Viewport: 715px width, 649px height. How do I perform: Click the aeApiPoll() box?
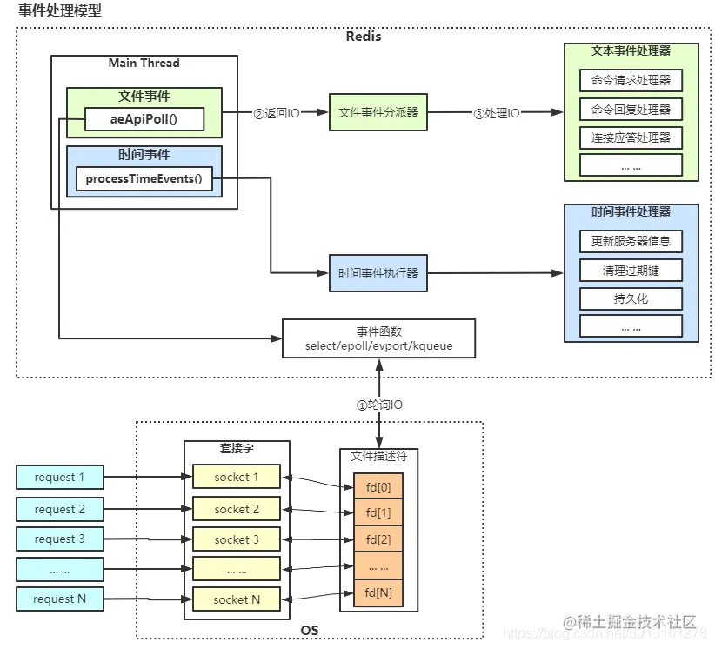point(144,119)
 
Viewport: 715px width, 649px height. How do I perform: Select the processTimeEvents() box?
point(144,180)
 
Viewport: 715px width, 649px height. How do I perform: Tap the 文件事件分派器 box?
point(378,112)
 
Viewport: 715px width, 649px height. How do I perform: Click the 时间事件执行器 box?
point(378,273)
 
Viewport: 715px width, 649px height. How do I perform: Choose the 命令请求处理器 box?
point(631,81)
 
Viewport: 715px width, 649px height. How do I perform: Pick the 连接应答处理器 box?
point(631,137)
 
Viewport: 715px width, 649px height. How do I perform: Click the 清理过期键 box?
point(631,271)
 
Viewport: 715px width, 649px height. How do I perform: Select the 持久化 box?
point(631,298)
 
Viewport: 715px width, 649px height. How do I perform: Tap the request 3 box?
point(59,539)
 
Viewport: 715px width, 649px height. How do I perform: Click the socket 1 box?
point(237,477)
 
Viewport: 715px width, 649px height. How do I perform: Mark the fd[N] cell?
point(378,593)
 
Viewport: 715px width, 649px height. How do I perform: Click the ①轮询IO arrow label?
point(379,405)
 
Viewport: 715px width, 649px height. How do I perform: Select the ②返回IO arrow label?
point(276,113)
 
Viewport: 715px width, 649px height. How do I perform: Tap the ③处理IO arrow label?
point(496,113)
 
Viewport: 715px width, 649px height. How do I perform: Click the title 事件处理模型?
point(59,11)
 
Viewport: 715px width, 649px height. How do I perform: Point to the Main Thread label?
point(144,64)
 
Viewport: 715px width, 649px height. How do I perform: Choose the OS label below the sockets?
point(310,631)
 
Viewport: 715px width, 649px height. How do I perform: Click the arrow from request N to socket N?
point(144,599)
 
